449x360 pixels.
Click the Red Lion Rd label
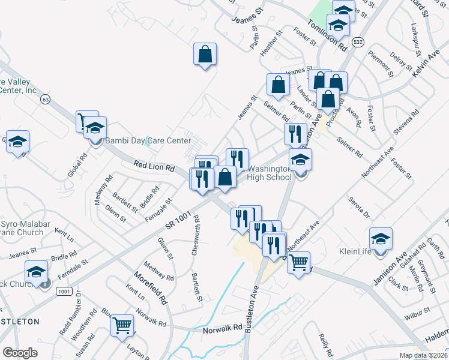[154, 166]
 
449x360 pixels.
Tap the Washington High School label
[269, 173]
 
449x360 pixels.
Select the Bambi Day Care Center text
[139, 141]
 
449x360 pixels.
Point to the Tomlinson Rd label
[327, 34]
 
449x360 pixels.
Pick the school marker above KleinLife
[381, 239]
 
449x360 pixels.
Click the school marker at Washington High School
[301, 161]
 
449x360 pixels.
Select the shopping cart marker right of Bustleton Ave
[298, 262]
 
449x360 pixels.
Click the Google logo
[20, 353]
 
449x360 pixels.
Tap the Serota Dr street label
[359, 206]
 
